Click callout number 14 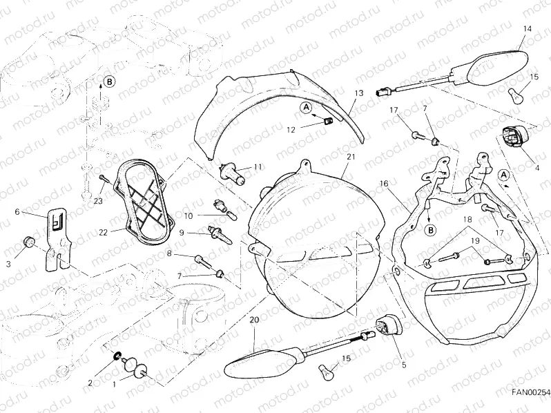[x=527, y=28]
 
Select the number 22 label [x=103, y=233]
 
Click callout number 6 [x=17, y=213]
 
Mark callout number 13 [x=358, y=92]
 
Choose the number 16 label [x=384, y=184]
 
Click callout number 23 [x=99, y=201]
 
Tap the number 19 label [x=474, y=240]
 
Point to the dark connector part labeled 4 [x=515, y=137]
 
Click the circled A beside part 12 [x=306, y=107]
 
